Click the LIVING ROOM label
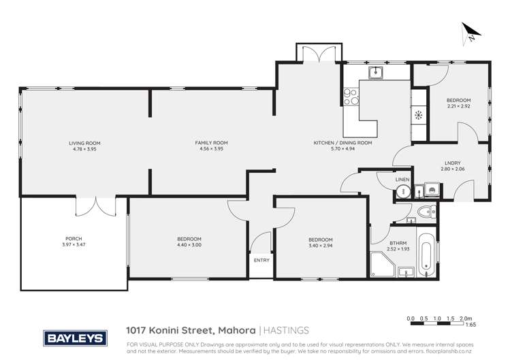pos(84,143)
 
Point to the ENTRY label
pos(261,260)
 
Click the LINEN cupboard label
pos(402,179)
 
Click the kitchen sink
pos(374,71)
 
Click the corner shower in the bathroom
pos(378,263)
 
